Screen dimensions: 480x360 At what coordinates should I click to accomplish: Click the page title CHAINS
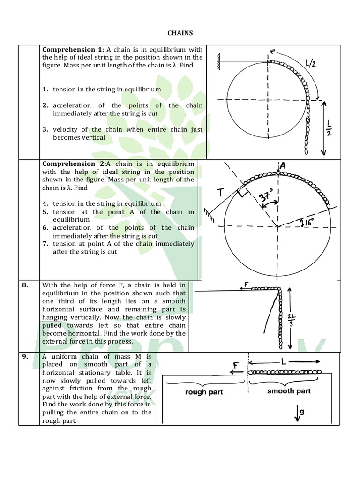click(x=180, y=33)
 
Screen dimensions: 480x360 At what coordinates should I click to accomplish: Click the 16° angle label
click(x=309, y=222)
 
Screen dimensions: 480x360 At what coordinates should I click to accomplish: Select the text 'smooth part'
click(x=289, y=391)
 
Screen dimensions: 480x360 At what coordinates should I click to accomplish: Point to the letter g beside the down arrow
click(x=302, y=411)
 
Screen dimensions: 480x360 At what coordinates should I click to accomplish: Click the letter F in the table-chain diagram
click(x=235, y=365)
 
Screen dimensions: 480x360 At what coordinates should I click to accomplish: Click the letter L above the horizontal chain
click(x=285, y=362)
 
